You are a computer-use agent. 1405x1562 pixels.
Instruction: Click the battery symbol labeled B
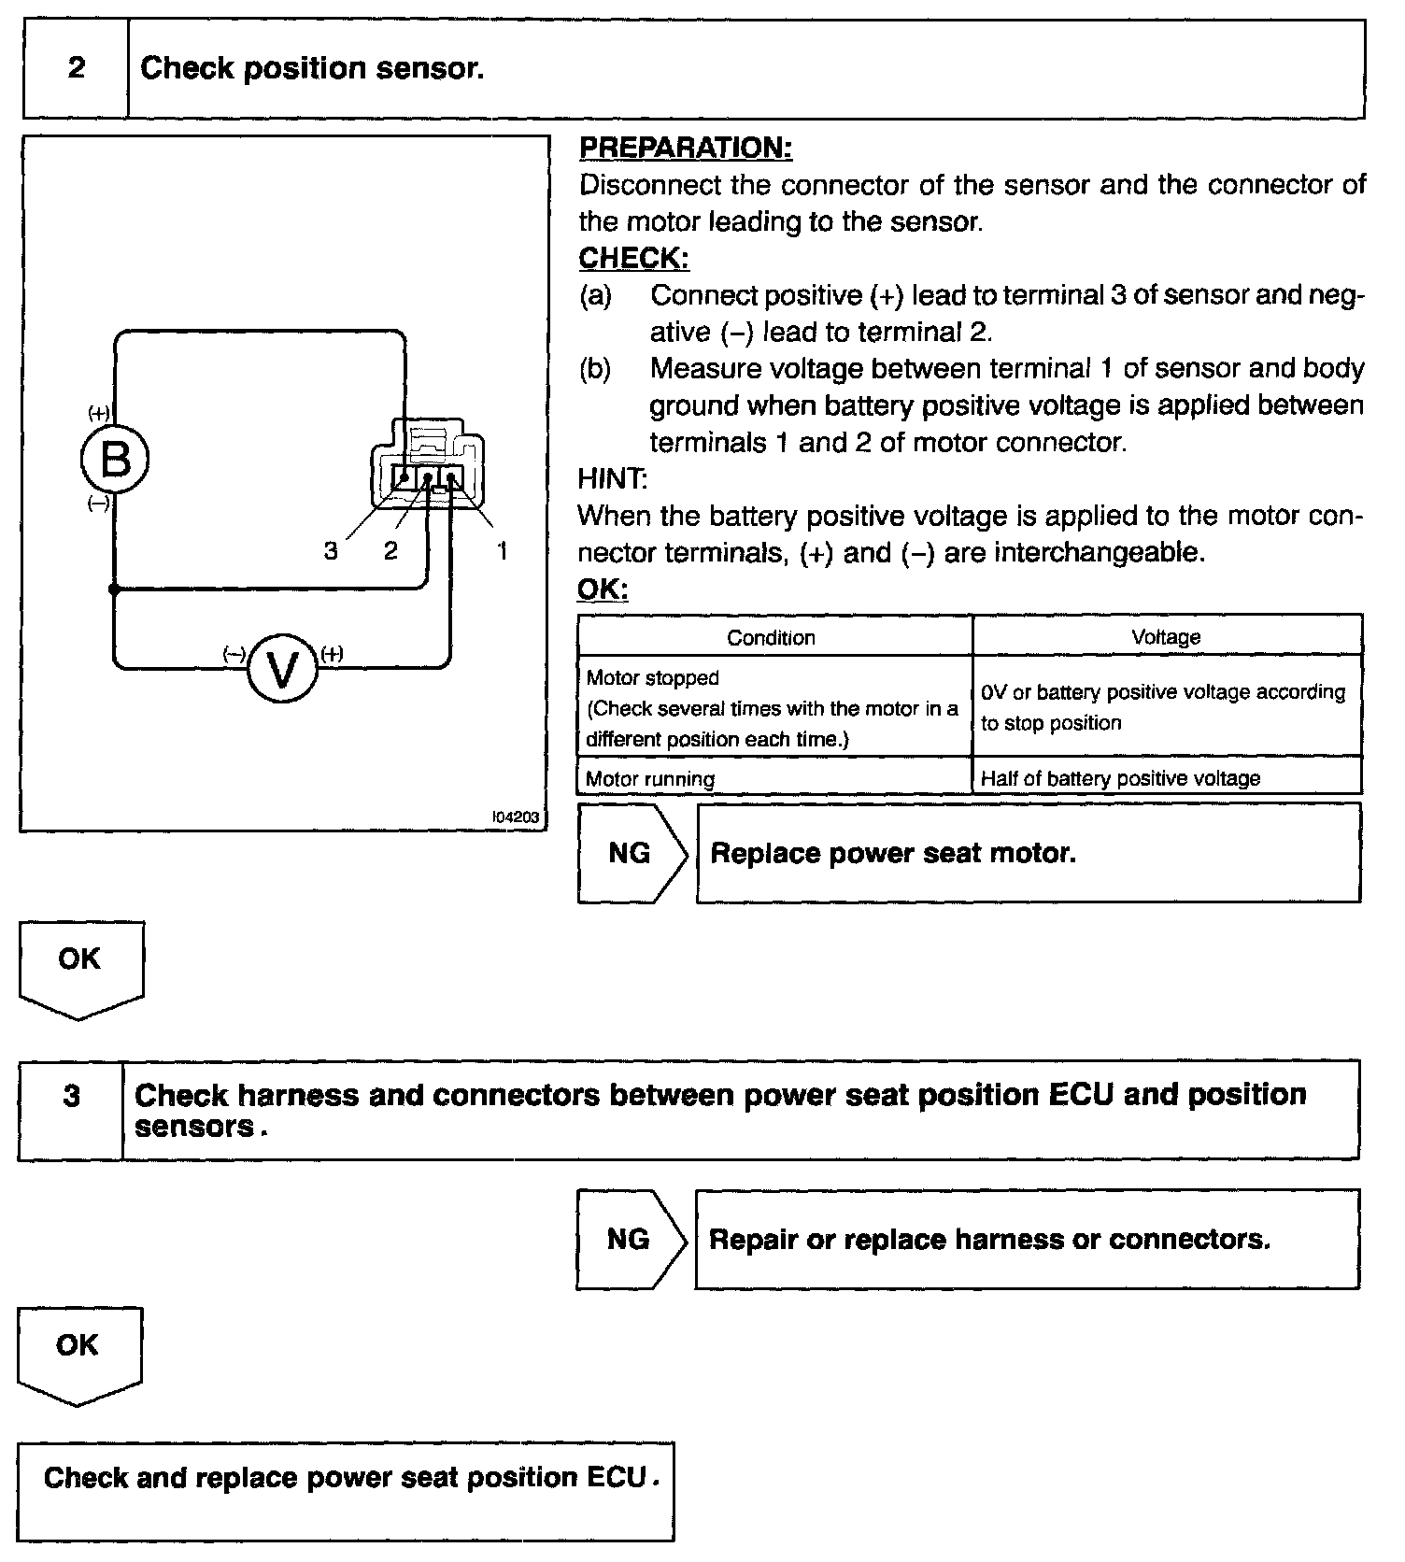click(115, 459)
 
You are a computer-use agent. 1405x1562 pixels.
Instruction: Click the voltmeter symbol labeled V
click(282, 669)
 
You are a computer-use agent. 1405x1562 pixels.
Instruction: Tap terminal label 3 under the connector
click(331, 551)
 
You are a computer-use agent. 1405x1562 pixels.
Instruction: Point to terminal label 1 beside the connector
click(502, 551)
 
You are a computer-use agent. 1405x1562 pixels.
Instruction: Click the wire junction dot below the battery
click(114, 589)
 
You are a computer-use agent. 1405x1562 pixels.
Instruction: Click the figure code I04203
click(516, 817)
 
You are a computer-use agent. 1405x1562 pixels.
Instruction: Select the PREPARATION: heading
click(686, 148)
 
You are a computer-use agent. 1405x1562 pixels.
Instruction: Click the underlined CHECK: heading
click(633, 258)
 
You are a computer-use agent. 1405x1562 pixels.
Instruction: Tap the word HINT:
click(612, 479)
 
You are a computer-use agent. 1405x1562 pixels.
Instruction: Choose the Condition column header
click(772, 637)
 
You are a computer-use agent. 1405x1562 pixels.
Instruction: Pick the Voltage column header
click(1166, 637)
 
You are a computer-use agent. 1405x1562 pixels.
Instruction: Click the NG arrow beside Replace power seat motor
click(632, 853)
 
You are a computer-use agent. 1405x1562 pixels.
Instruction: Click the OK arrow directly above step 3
click(80, 966)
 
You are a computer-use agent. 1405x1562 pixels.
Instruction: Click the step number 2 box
click(77, 69)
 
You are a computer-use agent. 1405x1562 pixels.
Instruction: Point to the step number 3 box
click(72, 1109)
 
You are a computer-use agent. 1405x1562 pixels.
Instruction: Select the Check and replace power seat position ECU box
click(346, 1490)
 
